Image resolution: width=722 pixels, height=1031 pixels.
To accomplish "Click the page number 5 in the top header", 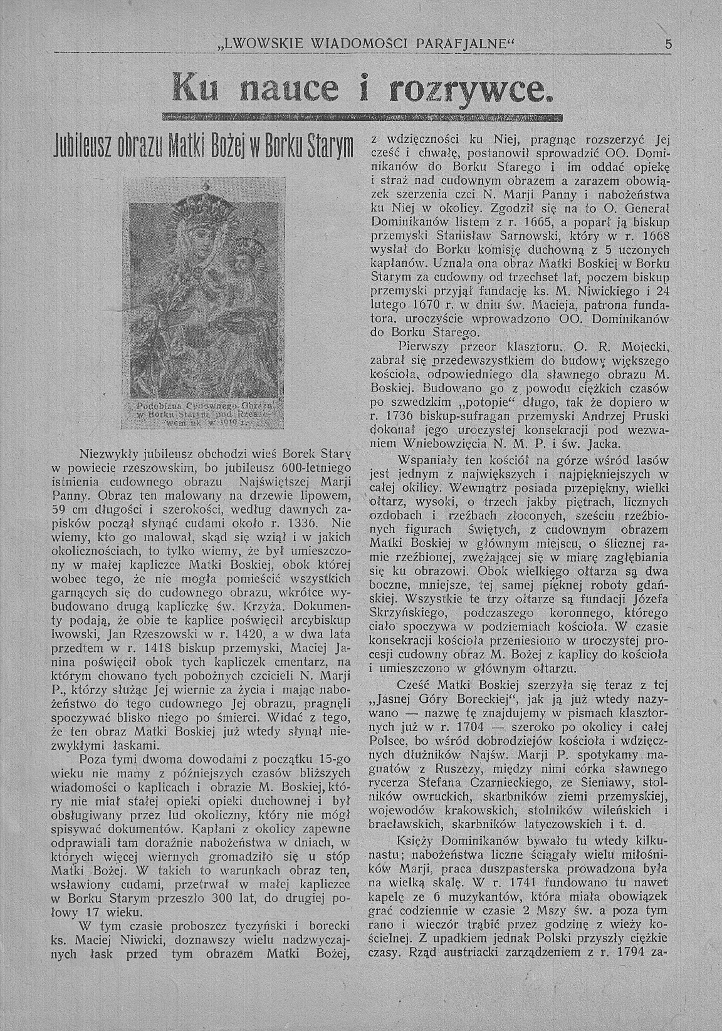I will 669,44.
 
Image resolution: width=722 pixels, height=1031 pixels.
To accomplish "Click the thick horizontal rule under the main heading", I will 362,118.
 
